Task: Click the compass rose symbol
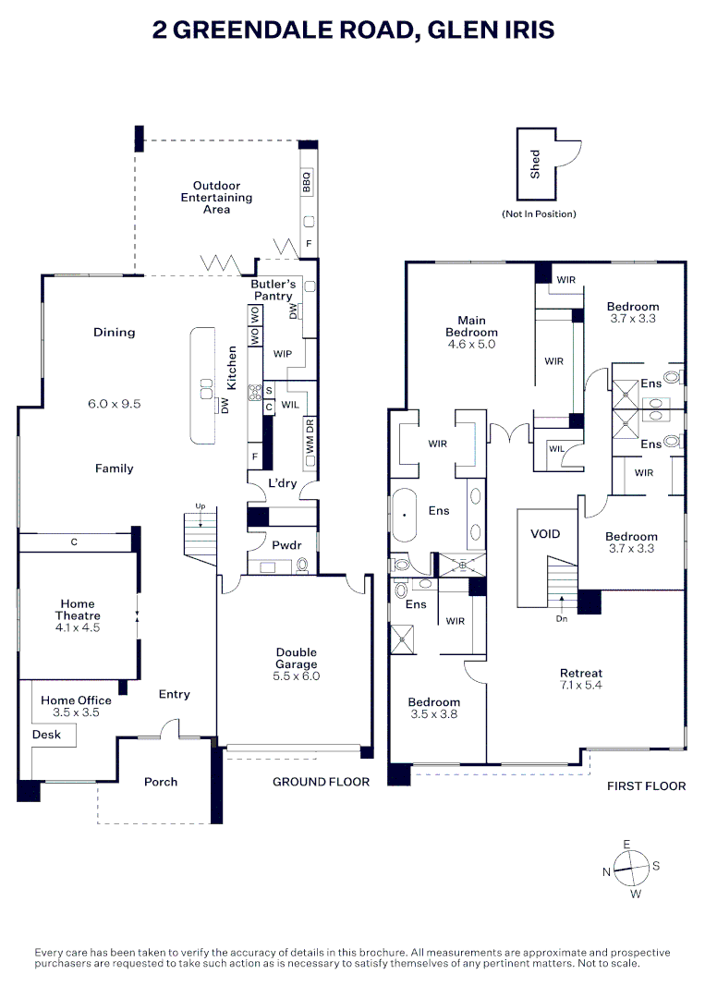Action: pyautogui.click(x=631, y=869)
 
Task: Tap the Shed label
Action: pyautogui.click(x=535, y=164)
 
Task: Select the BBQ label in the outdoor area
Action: pyautogui.click(x=308, y=183)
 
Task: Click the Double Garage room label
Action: pyautogui.click(x=296, y=658)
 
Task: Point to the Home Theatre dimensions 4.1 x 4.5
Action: pyautogui.click(x=78, y=627)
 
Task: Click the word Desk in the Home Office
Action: pyautogui.click(x=46, y=735)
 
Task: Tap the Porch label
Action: pyautogui.click(x=161, y=782)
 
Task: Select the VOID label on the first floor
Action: pyautogui.click(x=544, y=534)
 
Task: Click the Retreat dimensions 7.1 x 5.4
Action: pyautogui.click(x=581, y=687)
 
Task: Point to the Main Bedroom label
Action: pyautogui.click(x=471, y=326)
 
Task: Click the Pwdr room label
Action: pyautogui.click(x=287, y=544)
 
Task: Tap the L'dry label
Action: pyautogui.click(x=281, y=483)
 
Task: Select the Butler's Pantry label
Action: pyautogui.click(x=273, y=289)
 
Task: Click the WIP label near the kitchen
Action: pyautogui.click(x=283, y=354)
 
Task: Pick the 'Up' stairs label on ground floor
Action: pyautogui.click(x=199, y=505)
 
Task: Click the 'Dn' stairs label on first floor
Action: pyautogui.click(x=561, y=619)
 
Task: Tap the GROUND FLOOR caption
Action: pyautogui.click(x=321, y=782)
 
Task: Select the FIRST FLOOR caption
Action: pyautogui.click(x=646, y=786)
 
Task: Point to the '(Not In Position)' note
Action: pyautogui.click(x=539, y=214)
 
